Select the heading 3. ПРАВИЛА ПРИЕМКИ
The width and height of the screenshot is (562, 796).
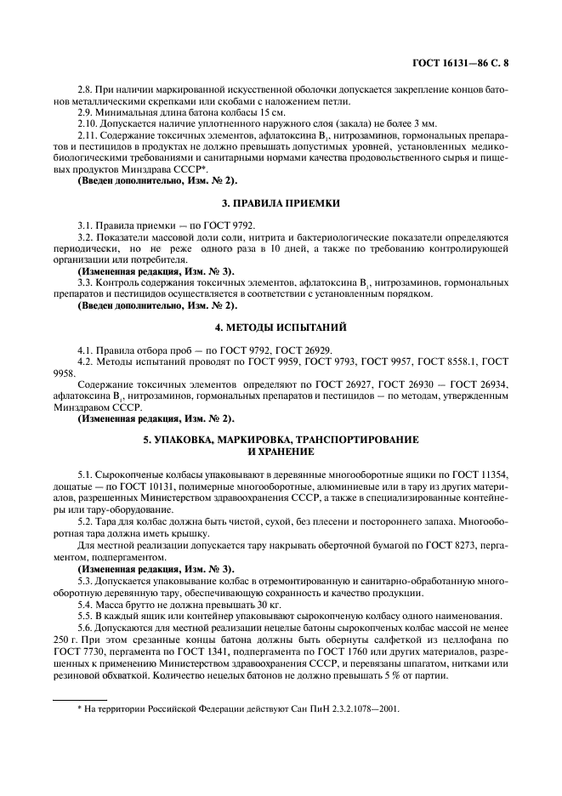coord(281,204)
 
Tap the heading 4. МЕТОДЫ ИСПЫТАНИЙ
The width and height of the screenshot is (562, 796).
coord(281,327)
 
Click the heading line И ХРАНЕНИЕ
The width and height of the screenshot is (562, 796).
coord(281,452)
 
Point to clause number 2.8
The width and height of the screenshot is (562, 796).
coord(86,89)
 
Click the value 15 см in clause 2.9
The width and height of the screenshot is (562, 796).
coord(273,112)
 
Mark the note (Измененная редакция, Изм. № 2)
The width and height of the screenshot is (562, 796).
coord(156,418)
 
